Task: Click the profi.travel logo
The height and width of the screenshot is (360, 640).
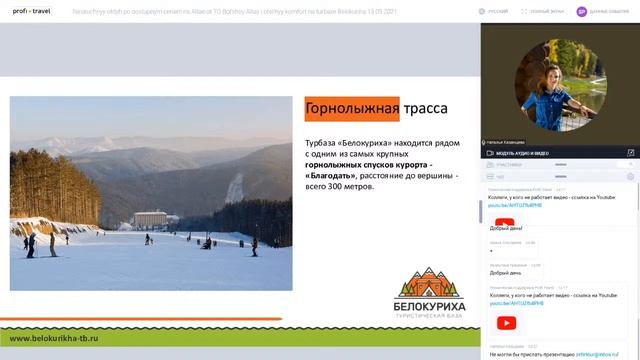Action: coord(31,12)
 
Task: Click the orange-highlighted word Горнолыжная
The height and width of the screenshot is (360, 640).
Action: coord(352,108)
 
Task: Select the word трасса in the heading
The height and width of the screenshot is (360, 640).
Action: coord(426,108)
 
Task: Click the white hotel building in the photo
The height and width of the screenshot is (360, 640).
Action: coord(151,218)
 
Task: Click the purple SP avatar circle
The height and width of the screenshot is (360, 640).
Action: coord(582,12)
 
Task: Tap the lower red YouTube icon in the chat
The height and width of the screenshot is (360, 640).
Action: coord(507,322)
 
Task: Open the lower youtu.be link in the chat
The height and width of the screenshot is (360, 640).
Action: coord(516,303)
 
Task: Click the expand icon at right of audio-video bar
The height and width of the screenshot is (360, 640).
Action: coord(631,153)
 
